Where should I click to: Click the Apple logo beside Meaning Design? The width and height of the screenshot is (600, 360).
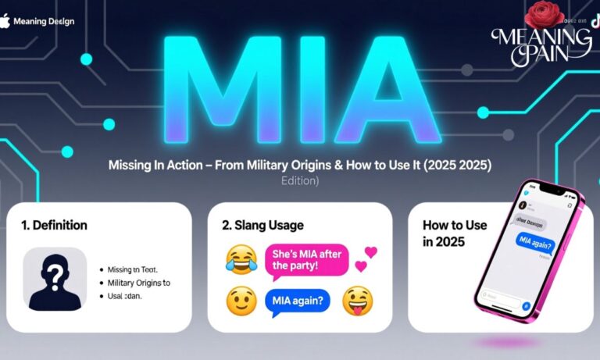[x=6, y=20]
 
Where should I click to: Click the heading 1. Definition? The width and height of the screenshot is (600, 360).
[x=54, y=225]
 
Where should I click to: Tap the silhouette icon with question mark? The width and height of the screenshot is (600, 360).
[x=55, y=278]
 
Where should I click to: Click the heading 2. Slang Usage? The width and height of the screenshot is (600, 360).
[x=262, y=225]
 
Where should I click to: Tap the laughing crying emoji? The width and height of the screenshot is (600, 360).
[x=240, y=259]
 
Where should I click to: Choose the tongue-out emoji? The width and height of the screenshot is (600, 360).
[x=358, y=300]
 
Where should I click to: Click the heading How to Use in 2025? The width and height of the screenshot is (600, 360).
[x=455, y=233]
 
